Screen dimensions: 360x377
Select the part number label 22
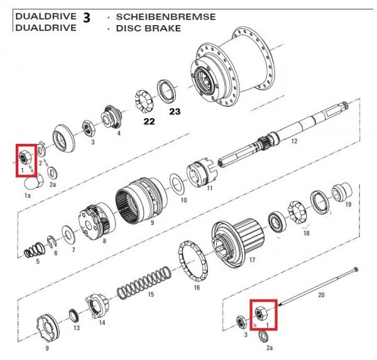pos(148,121)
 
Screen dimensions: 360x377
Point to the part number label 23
pos(174,112)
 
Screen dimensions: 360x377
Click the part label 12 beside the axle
pos(292,142)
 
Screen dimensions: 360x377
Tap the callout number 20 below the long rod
pos(321,295)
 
